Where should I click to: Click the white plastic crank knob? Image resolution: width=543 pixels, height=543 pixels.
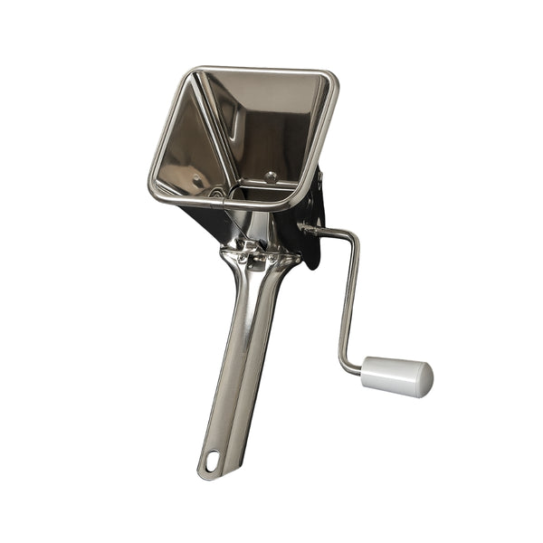[397, 376]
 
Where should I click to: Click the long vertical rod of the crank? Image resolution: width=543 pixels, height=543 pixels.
[348, 299]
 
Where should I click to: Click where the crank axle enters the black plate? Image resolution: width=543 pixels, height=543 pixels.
[309, 229]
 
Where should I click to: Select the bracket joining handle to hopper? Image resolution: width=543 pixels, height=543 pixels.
[258, 258]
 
